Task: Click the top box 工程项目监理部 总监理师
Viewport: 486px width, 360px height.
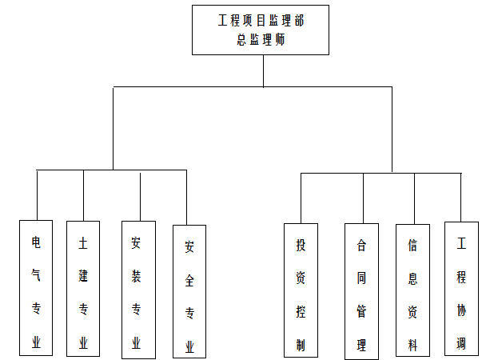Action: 261,30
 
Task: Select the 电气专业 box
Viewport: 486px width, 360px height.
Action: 36,288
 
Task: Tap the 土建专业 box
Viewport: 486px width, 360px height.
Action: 83,288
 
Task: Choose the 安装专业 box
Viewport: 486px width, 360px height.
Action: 137,290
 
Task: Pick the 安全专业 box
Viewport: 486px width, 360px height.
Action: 189,291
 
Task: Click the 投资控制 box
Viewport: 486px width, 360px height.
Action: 301,290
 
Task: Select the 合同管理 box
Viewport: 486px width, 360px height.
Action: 361,291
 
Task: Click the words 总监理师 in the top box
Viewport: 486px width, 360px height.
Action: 261,40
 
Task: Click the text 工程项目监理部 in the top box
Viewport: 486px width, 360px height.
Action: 261,20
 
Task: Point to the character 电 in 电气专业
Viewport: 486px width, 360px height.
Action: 36,242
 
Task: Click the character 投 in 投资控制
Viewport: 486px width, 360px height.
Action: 301,244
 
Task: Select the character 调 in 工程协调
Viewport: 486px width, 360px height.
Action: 461,343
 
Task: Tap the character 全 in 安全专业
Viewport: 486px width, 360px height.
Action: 189,281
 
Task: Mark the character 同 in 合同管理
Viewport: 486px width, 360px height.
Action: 361,280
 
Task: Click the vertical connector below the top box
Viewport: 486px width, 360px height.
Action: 263,70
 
